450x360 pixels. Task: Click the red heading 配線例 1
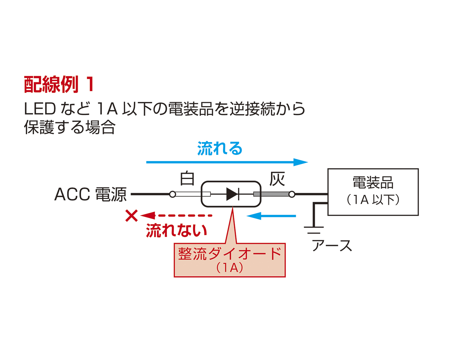[59, 84]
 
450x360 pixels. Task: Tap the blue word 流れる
[220, 149]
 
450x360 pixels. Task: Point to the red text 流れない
[176, 230]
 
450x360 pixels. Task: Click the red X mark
[131, 216]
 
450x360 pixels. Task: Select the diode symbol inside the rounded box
[233, 194]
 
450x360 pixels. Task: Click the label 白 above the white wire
[187, 179]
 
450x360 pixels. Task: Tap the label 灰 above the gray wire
[277, 179]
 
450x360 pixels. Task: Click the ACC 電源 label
[90, 194]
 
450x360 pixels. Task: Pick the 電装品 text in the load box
[373, 183]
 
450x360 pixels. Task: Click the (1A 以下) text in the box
[373, 199]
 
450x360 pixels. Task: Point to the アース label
[332, 246]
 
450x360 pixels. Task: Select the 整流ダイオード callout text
[230, 254]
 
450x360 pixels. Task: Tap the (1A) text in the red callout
[230, 268]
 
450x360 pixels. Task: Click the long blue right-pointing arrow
[227, 162]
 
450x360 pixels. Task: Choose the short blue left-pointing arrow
[271, 216]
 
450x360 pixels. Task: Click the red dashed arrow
[177, 216]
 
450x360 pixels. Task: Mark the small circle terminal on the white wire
[173, 194]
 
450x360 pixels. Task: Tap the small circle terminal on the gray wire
[292, 194]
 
